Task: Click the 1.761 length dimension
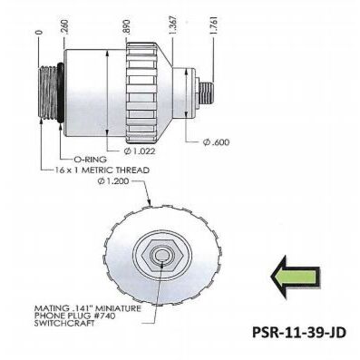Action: point(214,22)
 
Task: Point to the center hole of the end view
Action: point(160,258)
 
